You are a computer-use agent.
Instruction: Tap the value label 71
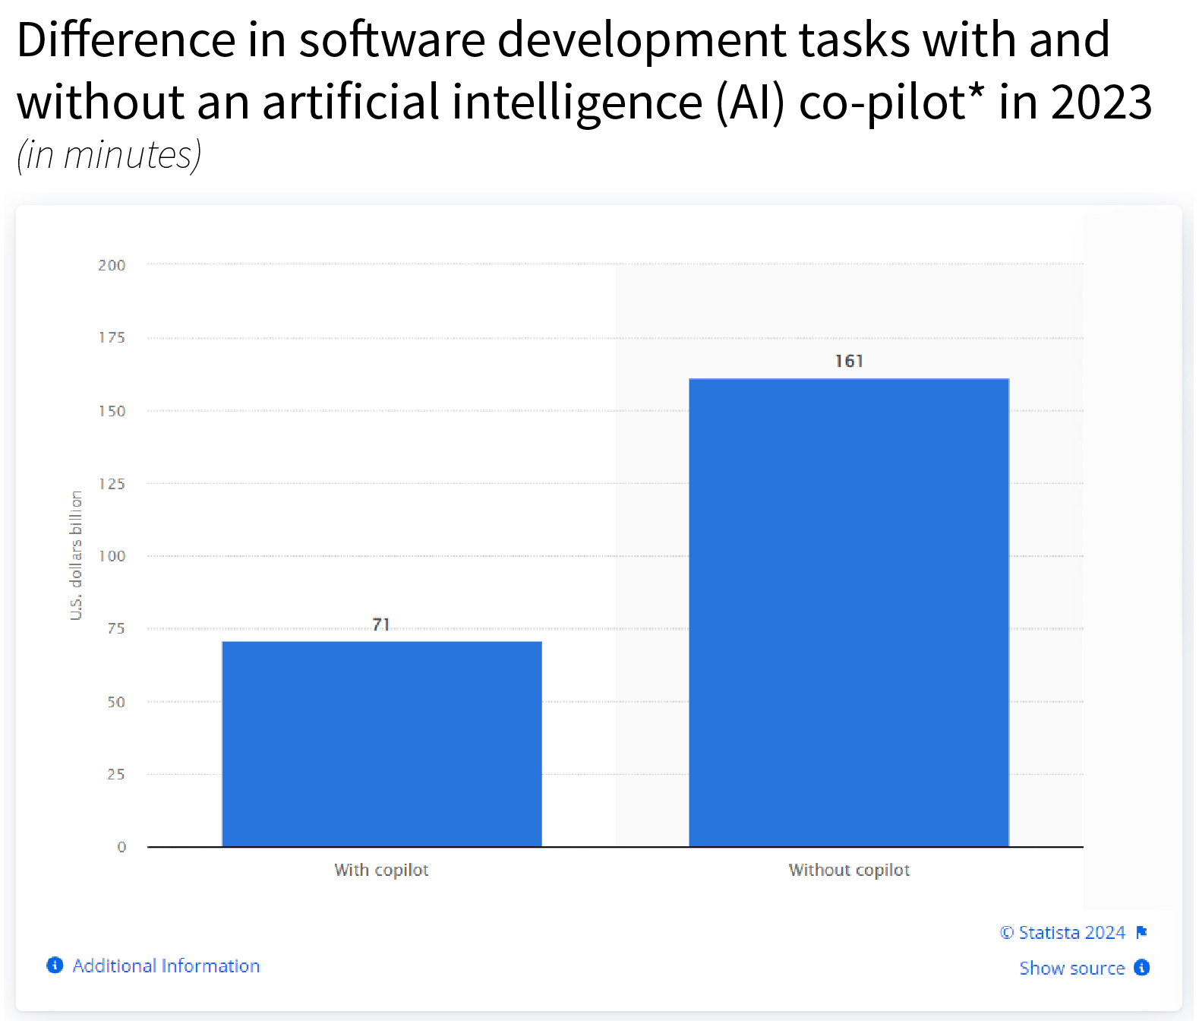[381, 624]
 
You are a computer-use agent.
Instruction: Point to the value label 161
[849, 361]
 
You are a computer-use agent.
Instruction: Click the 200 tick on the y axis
[112, 265]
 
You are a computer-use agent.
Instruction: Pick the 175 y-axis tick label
[112, 337]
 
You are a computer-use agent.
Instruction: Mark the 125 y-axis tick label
[112, 484]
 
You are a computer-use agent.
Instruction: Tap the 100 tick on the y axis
[112, 556]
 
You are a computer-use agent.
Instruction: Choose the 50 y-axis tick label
[115, 702]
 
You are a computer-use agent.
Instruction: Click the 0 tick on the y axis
[121, 847]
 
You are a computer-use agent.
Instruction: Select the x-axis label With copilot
[381, 870]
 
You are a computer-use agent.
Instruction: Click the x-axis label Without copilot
[849, 870]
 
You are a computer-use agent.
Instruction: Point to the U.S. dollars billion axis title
[76, 555]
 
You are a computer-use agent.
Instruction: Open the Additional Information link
[166, 966]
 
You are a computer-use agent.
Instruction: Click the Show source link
[1071, 968]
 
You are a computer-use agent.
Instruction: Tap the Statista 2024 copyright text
[1062, 932]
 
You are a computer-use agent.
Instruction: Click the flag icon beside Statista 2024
[1141, 932]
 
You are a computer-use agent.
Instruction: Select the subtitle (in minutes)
[109, 155]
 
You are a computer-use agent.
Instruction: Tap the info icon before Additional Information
[55, 965]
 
